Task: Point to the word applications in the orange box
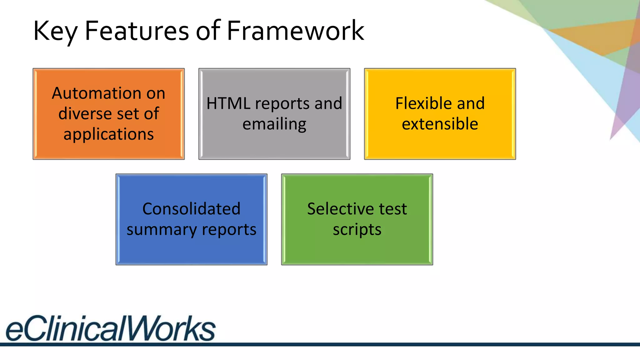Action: pos(108,134)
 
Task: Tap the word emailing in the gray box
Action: pos(274,124)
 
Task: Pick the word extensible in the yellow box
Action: pos(440,124)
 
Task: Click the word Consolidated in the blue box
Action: pos(191,209)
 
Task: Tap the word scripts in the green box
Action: pos(357,230)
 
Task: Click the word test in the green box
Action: pos(393,209)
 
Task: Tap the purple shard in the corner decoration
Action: pos(622,103)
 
